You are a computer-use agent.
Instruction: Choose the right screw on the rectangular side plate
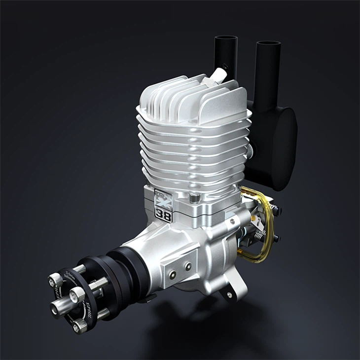(187, 266)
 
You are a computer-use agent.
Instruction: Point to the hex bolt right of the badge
(194, 198)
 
